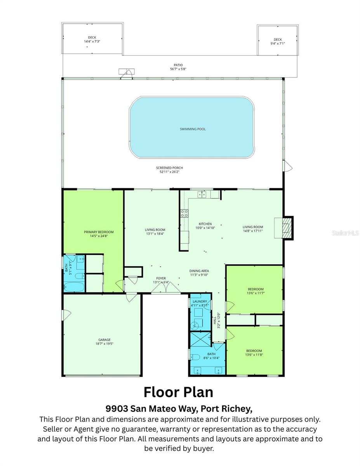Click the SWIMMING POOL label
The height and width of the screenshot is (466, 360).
coord(193,129)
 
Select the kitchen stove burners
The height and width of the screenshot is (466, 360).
coord(184,213)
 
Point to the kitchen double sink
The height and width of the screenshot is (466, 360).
coord(202,194)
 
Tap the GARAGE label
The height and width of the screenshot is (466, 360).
coord(102,341)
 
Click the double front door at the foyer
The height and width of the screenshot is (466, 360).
coord(161,290)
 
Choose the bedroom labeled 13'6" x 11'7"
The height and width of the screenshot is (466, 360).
coord(256,291)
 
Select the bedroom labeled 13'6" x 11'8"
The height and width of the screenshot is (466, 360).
coord(254,353)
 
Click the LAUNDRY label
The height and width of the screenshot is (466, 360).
coord(200,303)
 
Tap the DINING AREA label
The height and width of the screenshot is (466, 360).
coord(199,273)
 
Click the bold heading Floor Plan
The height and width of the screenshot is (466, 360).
coord(178,392)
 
